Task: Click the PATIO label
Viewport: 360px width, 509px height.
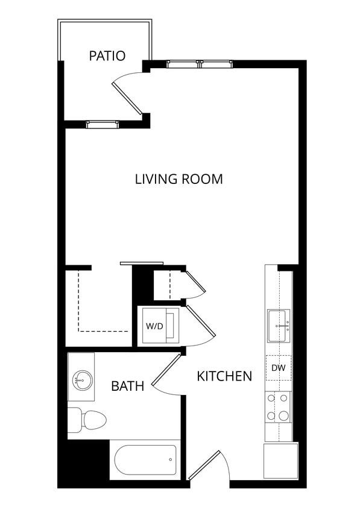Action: (x=107, y=56)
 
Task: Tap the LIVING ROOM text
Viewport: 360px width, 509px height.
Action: (x=178, y=179)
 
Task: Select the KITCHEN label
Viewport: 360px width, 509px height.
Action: (x=224, y=376)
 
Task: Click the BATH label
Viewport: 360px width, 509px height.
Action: (x=127, y=386)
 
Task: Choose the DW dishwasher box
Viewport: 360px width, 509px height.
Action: (x=278, y=368)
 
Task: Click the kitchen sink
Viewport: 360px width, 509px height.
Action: (x=278, y=326)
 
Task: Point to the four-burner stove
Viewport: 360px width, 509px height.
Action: (x=278, y=407)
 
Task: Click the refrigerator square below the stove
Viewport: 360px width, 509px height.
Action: (x=280, y=460)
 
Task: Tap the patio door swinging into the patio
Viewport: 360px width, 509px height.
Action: (x=127, y=97)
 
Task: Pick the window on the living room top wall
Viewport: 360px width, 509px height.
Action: (x=199, y=64)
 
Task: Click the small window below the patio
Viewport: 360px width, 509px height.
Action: (x=102, y=124)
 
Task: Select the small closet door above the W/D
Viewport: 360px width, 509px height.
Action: (x=195, y=283)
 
